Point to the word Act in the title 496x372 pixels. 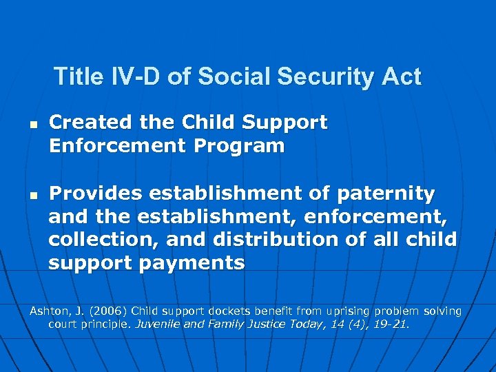pyautogui.click(x=400, y=76)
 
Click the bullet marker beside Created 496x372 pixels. pyautogui.click(x=32, y=124)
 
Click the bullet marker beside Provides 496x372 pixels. pyautogui.click(x=32, y=196)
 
